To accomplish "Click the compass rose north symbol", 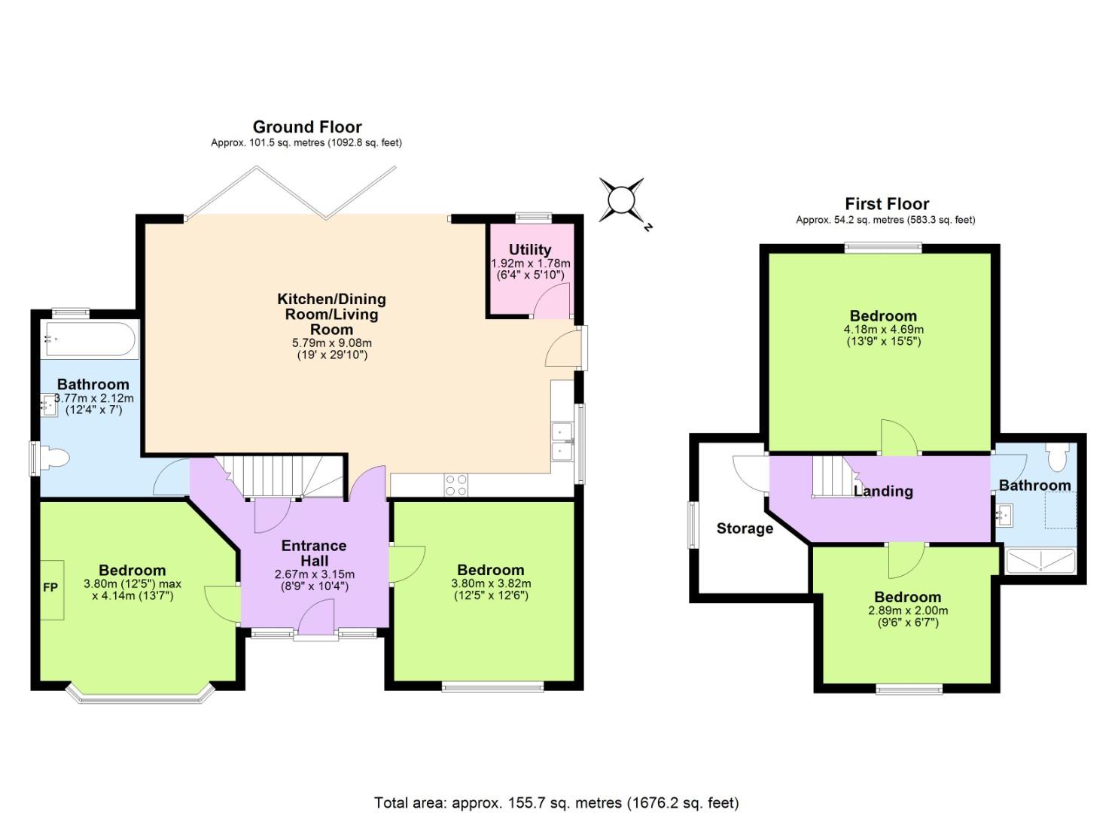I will (622, 200).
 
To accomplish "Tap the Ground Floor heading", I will (307, 126).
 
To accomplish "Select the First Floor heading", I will (887, 204).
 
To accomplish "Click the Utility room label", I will (530, 249).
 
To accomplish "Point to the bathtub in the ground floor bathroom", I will (90, 340).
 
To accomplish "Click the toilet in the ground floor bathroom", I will (54, 458).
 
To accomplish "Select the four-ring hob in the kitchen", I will (455, 485).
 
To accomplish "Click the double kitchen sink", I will (562, 441).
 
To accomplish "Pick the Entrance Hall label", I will (314, 553).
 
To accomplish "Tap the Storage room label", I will (745, 528).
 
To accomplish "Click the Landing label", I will (883, 492).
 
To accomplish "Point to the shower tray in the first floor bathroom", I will (1041, 561).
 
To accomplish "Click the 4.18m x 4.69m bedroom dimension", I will (884, 330).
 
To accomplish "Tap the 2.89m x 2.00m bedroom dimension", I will (908, 611).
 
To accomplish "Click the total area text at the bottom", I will (556, 802).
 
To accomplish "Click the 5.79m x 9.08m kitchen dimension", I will (332, 343).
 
